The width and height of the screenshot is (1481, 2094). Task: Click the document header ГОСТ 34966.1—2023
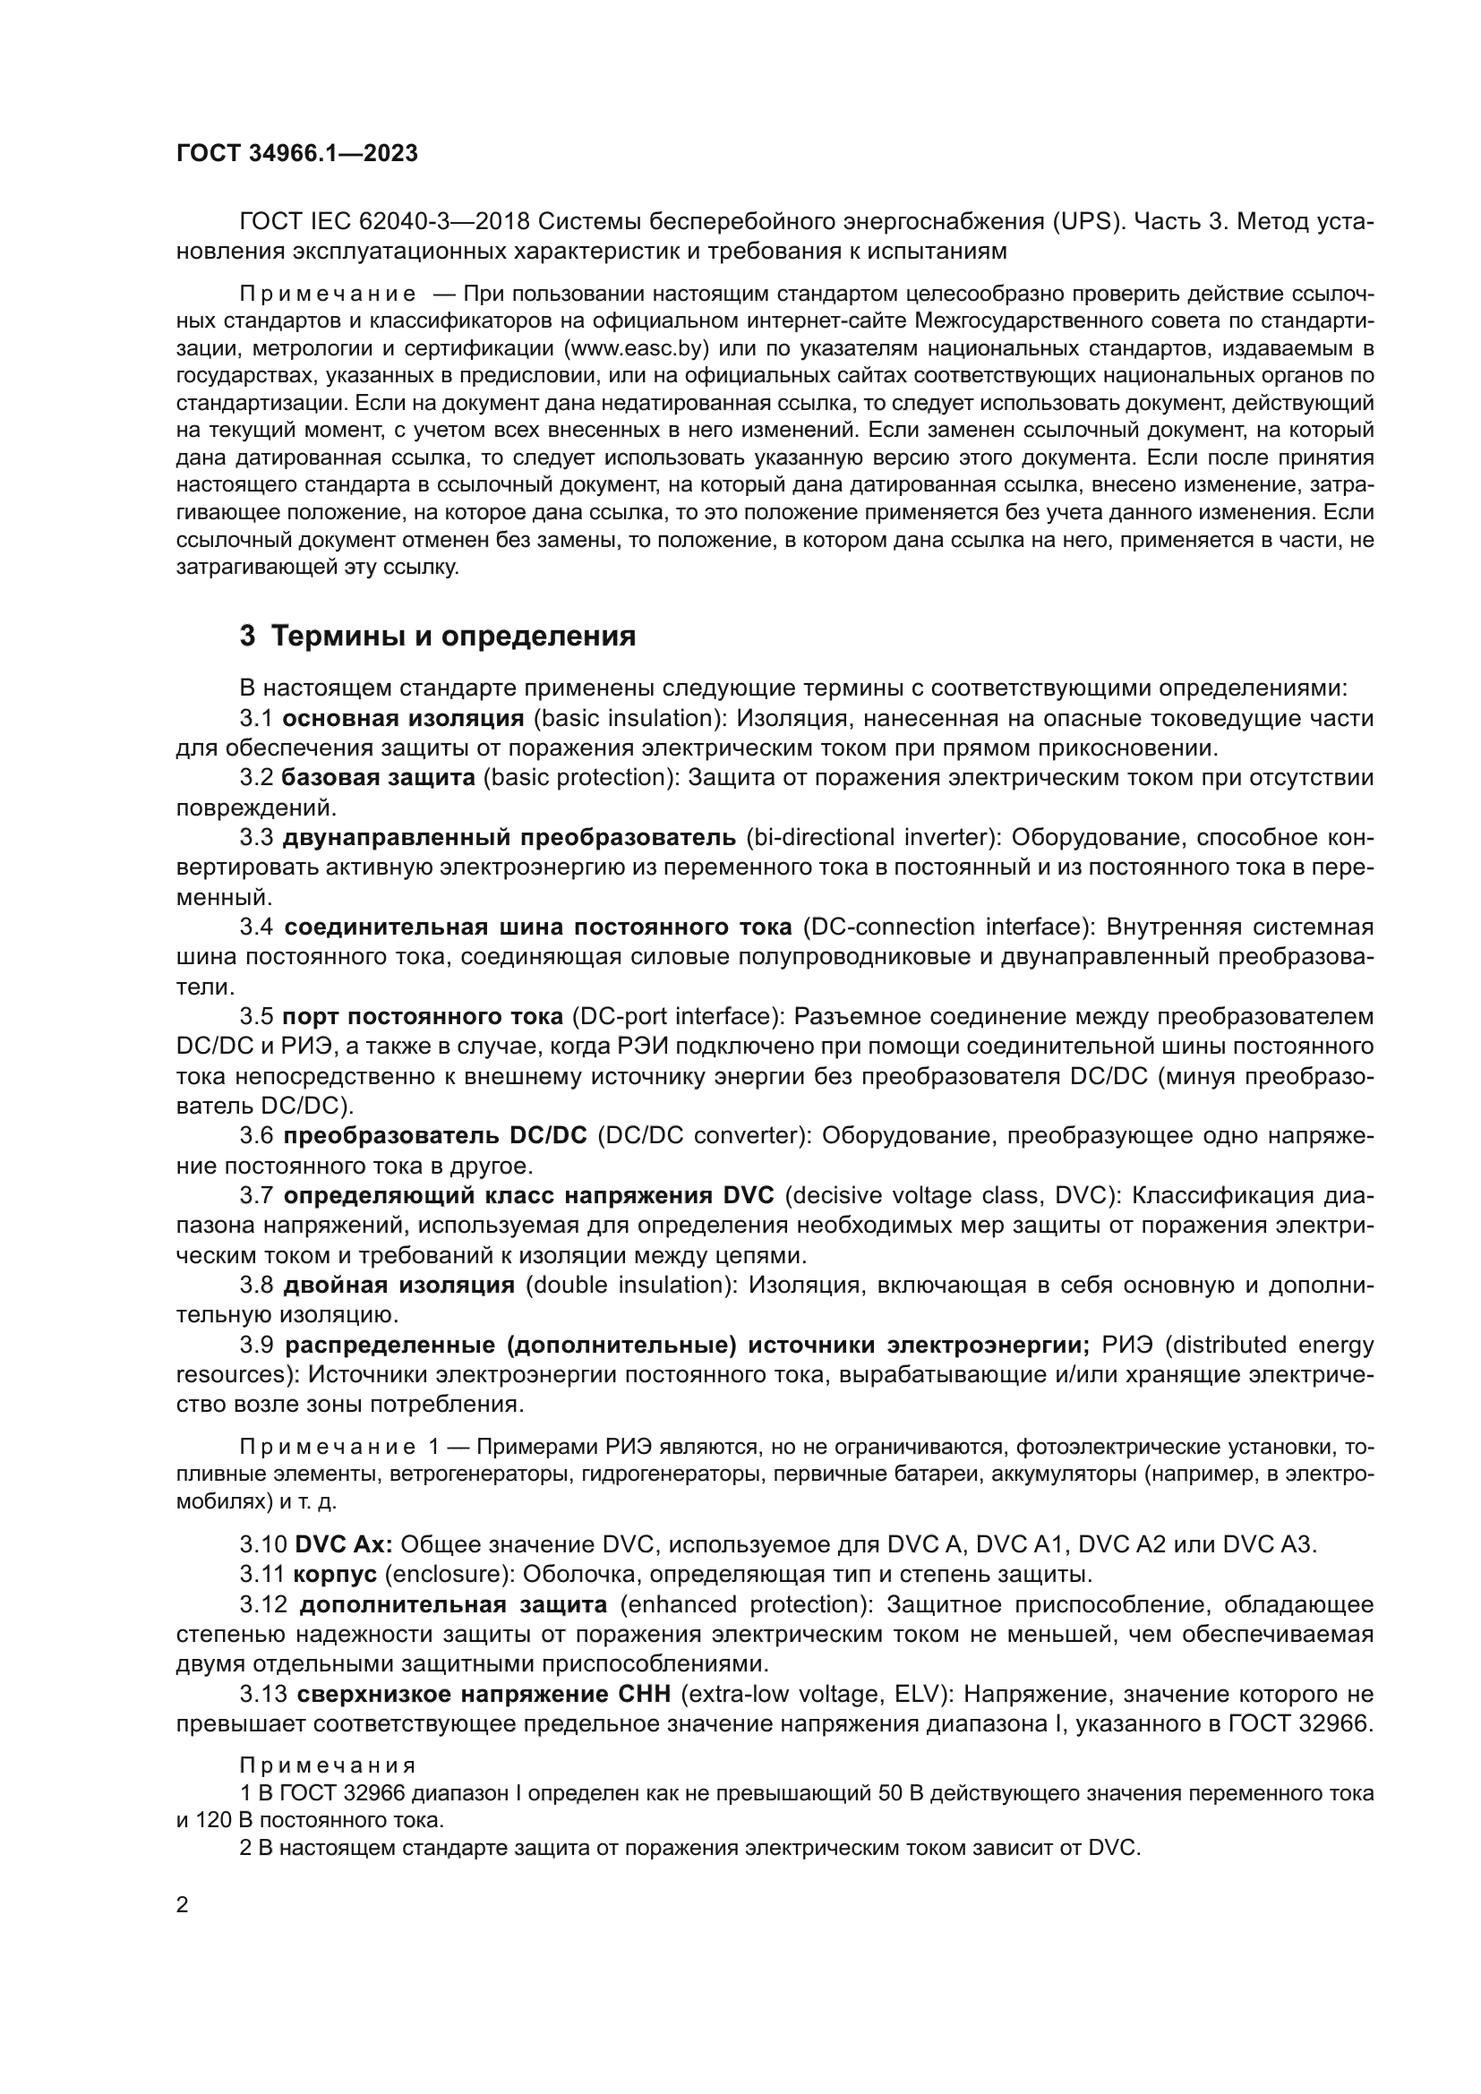296,153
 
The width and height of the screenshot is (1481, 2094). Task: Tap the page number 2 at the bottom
183,1904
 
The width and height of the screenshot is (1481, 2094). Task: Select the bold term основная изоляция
403,719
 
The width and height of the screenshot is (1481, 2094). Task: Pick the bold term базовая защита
379,778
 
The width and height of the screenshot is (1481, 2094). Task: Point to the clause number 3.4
256,927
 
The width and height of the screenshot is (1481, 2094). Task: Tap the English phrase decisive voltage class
918,1196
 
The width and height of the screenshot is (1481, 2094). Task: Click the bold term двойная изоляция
399,1285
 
